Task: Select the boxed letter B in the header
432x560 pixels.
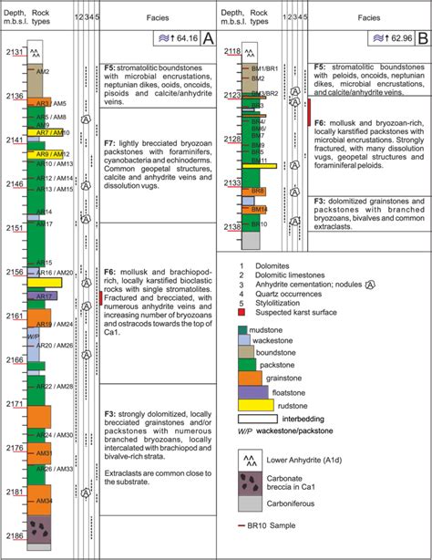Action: coord(421,38)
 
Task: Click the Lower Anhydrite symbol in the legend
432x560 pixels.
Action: coord(255,459)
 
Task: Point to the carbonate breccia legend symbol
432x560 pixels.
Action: coord(255,482)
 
